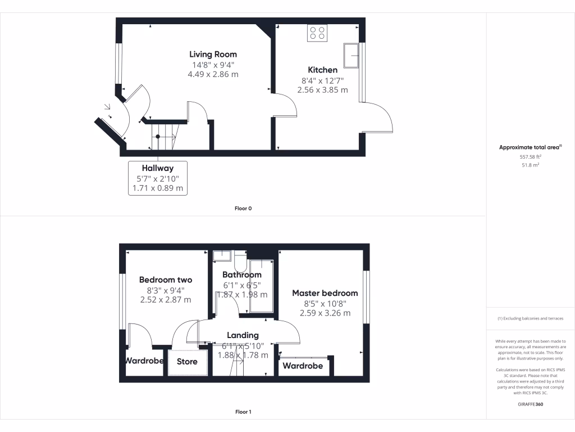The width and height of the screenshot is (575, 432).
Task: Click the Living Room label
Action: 213,55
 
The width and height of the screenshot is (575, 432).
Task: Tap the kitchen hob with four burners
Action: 317,33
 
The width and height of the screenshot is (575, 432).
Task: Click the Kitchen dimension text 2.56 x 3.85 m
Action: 322,89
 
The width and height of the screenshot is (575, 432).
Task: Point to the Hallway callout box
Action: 158,178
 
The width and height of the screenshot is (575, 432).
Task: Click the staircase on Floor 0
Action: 163,137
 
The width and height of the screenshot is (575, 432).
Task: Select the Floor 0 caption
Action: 243,209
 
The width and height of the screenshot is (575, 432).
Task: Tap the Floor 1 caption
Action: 243,412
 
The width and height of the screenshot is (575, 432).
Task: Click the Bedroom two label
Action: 166,280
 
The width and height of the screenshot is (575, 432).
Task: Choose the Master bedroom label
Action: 325,293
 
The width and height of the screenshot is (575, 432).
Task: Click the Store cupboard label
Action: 187,362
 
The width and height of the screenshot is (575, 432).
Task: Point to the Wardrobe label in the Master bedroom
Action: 303,366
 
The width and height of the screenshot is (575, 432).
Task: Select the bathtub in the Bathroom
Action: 261,285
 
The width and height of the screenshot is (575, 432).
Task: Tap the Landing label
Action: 243,335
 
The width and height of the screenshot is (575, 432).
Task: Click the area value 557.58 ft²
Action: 530,157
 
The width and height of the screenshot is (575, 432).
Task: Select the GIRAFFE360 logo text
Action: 530,404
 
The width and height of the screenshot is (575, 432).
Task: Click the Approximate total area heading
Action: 530,147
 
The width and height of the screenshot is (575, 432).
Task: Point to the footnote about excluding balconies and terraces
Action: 530,319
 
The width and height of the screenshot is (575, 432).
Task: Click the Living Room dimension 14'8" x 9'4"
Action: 213,65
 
